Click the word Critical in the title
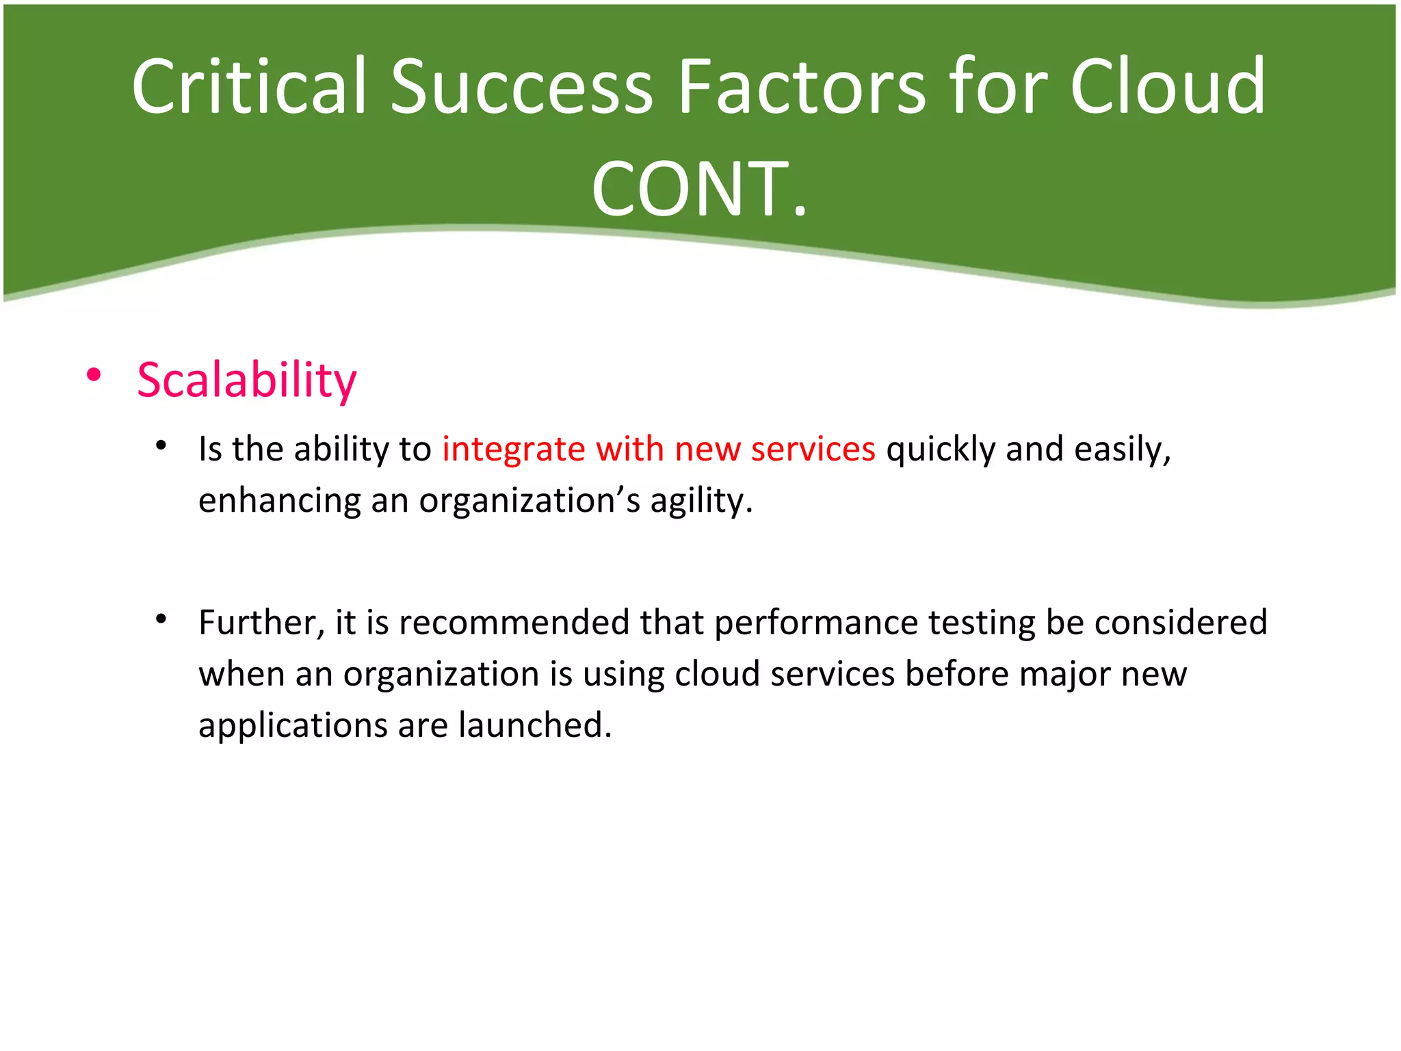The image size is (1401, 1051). (250, 87)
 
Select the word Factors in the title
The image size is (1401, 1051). (801, 87)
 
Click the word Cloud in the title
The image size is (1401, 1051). (1167, 87)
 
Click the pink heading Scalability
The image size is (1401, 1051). (246, 380)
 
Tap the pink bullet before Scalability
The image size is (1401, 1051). (94, 375)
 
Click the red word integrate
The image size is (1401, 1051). (513, 450)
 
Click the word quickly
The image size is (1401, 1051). (941, 450)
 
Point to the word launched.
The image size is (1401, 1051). (535, 725)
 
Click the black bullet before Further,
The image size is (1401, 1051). (161, 619)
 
